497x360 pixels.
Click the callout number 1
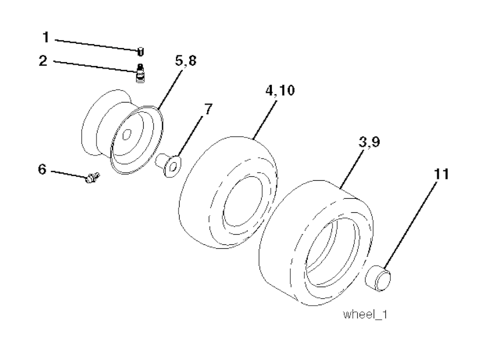pyautogui.click(x=46, y=37)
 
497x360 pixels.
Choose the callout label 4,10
pyautogui.click(x=281, y=91)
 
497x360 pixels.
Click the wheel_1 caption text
pyautogui.click(x=365, y=314)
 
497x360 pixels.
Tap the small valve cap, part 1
pyautogui.click(x=140, y=51)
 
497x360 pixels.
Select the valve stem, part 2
pyautogui.click(x=141, y=74)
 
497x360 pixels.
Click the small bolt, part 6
pyautogui.click(x=91, y=178)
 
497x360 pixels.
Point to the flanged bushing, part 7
pyautogui.click(x=167, y=165)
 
